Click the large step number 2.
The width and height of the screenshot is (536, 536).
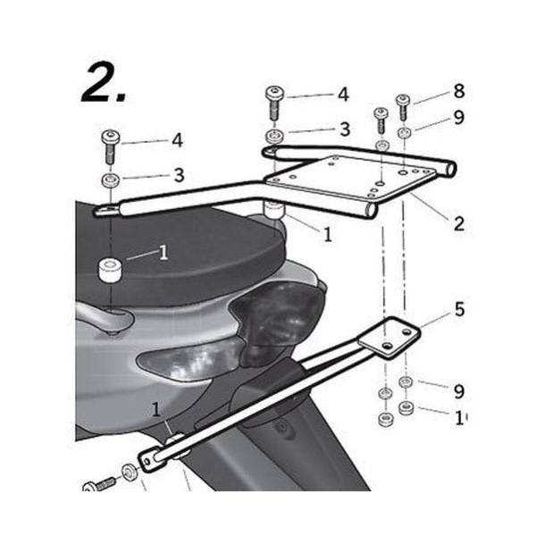(105, 85)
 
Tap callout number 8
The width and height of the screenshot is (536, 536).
(458, 91)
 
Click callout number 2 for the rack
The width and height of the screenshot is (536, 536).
(458, 223)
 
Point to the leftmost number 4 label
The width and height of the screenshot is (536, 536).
(177, 140)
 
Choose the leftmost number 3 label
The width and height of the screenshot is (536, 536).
(178, 175)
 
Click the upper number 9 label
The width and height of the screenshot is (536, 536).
(458, 117)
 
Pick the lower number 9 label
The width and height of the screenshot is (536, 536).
(458, 391)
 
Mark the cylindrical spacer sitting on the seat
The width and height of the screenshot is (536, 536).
(111, 269)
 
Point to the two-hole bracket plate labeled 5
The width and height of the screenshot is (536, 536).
(389, 337)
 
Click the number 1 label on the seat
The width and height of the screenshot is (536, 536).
(163, 253)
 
